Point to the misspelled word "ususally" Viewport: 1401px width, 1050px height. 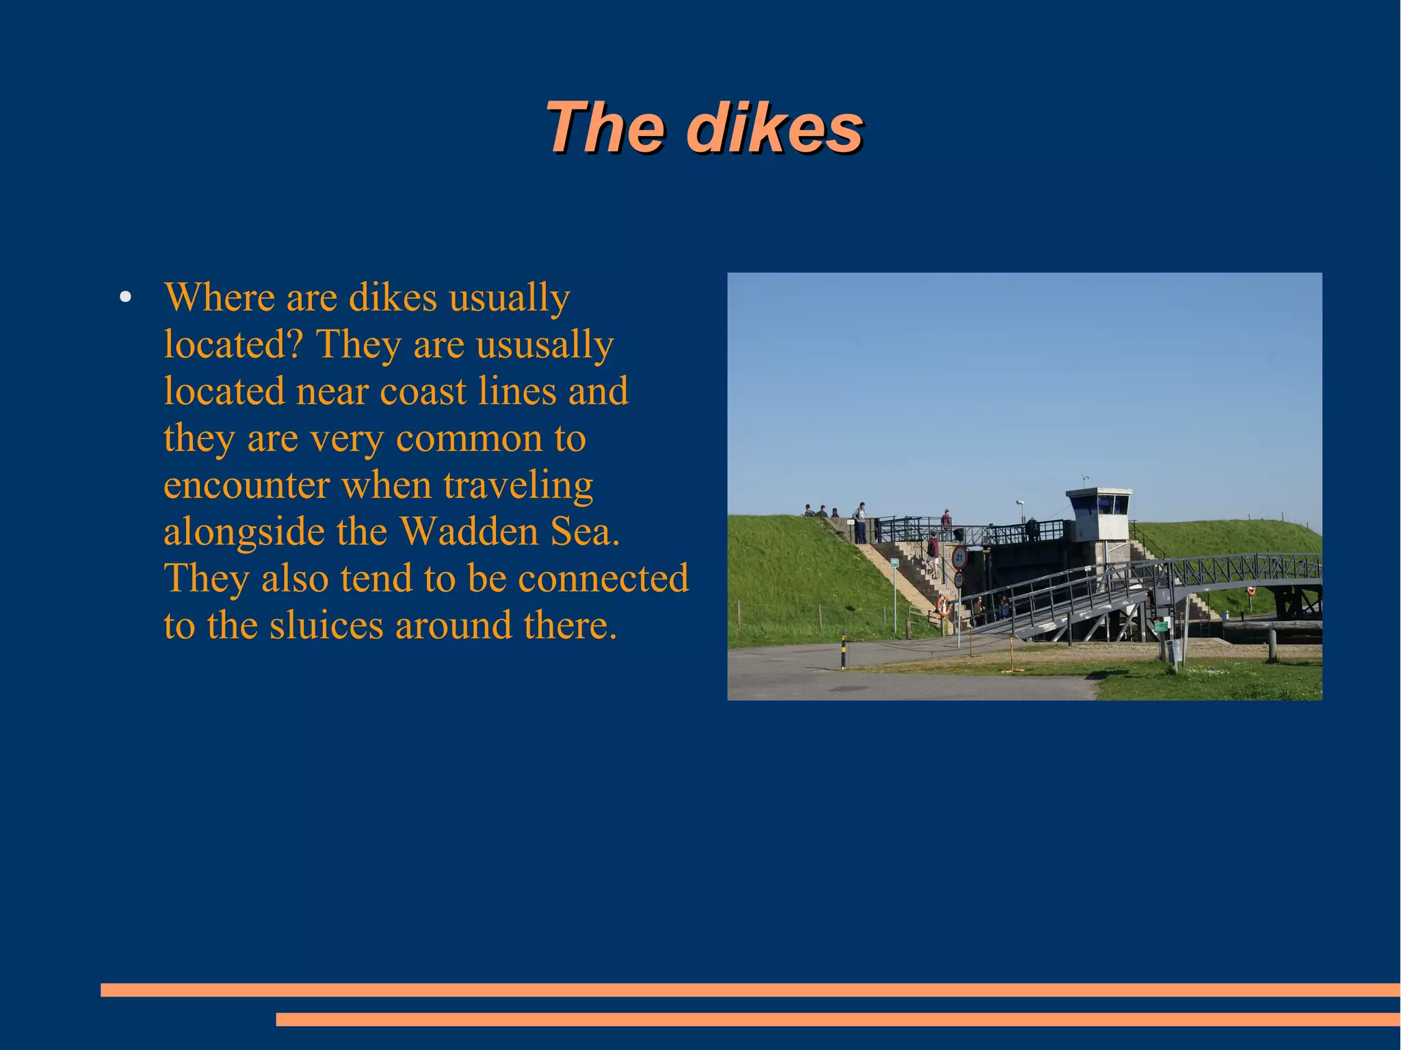pyautogui.click(x=545, y=344)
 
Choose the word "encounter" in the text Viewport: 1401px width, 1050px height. pyautogui.click(x=246, y=485)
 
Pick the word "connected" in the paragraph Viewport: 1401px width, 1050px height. pyautogui.click(x=603, y=578)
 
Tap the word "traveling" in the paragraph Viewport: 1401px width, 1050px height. pyautogui.click(x=518, y=485)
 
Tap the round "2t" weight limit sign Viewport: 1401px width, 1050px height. pyautogui.click(x=959, y=558)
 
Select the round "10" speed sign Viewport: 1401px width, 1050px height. pyautogui.click(x=958, y=579)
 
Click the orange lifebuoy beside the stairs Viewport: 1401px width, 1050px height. pyautogui.click(x=943, y=605)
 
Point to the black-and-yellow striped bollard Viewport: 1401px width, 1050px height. pyautogui.click(x=843, y=650)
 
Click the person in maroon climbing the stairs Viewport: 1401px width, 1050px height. pyautogui.click(x=933, y=551)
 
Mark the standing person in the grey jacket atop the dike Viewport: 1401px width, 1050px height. pyautogui.click(x=861, y=521)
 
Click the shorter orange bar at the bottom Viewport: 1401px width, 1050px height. pyautogui.click(x=837, y=1019)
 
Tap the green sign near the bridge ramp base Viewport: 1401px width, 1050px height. pyautogui.click(x=1161, y=625)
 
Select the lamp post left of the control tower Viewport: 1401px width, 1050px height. pyautogui.click(x=1020, y=513)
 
